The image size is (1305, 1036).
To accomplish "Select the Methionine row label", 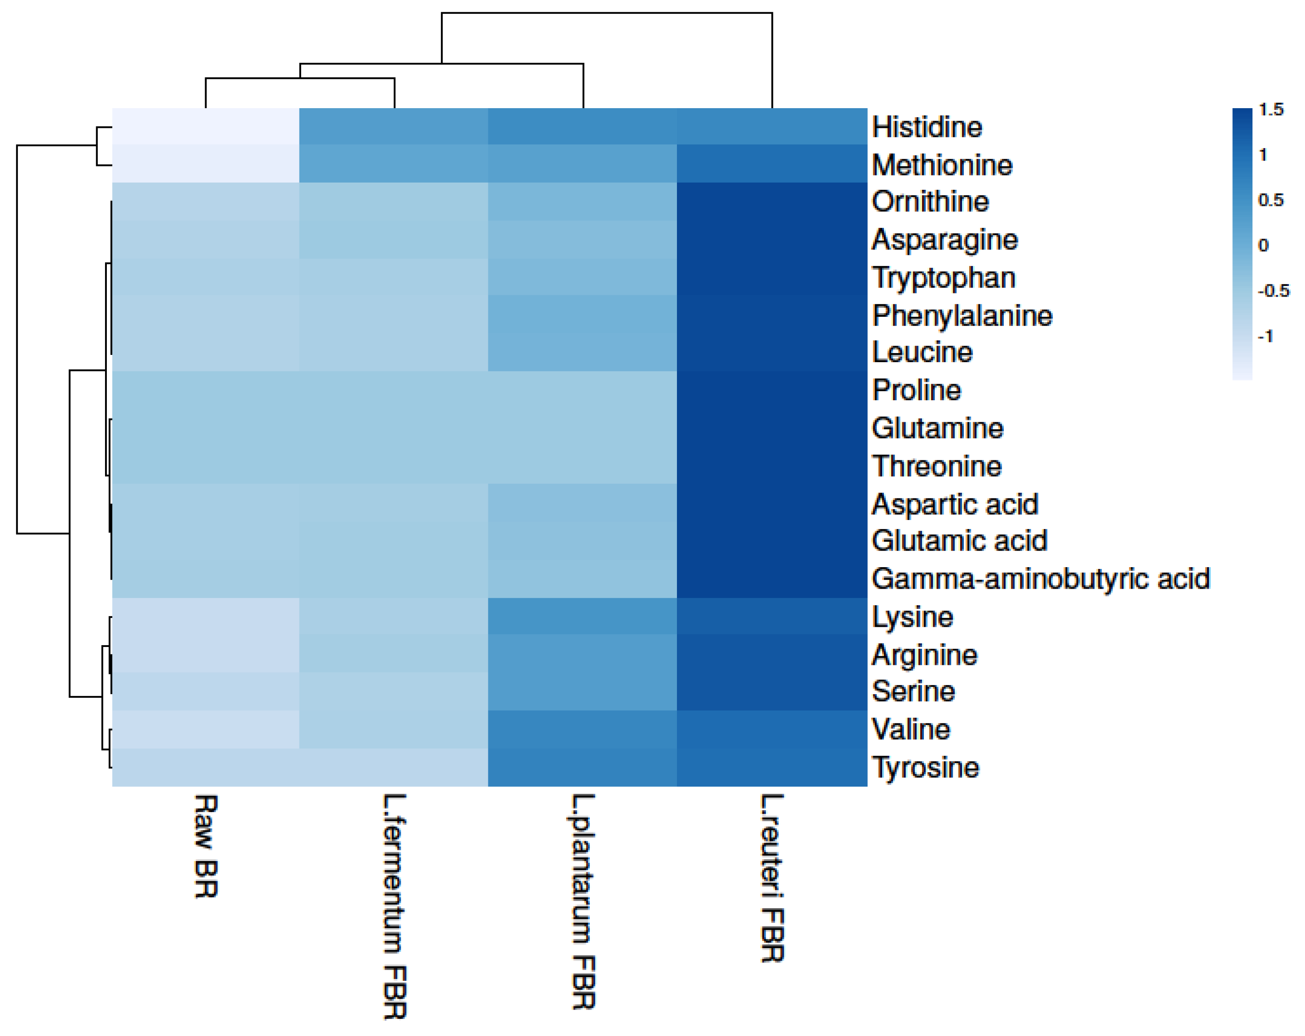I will point(942,165).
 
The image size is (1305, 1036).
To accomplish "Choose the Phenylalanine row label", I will point(962,316).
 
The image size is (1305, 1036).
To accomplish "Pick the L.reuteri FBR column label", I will point(772,878).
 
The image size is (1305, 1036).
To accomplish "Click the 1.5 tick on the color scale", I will point(1270,109).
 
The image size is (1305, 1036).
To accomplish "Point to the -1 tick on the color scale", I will point(1265,337).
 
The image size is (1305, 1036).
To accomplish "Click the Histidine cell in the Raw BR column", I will point(206,127).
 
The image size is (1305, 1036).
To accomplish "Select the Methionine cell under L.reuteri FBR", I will point(772,163).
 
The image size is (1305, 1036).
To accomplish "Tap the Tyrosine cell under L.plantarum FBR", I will point(582,767).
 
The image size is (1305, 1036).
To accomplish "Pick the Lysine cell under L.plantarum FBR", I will point(582,616).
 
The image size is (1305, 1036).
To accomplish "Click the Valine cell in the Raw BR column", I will point(206,729).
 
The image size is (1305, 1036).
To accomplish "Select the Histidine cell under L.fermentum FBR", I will point(394,127).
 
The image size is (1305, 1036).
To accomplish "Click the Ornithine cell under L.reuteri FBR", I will point(772,201).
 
